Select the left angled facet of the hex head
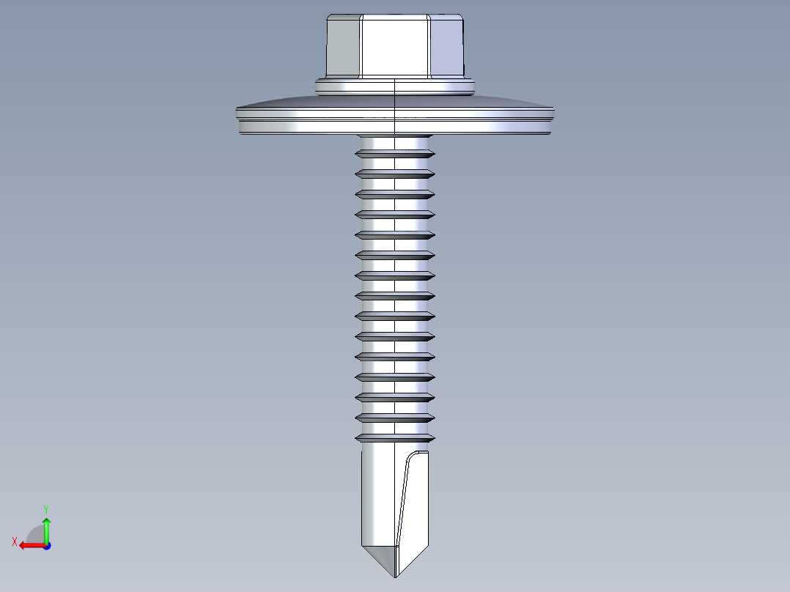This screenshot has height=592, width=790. (x=343, y=48)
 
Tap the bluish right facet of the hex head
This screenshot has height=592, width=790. (x=446, y=48)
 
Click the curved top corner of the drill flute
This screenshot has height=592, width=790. (x=418, y=456)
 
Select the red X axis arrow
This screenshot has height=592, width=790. (x=28, y=545)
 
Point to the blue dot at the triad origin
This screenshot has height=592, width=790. (x=46, y=545)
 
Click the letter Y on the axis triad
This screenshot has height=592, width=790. (x=45, y=508)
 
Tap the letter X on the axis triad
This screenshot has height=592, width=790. (x=14, y=541)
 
